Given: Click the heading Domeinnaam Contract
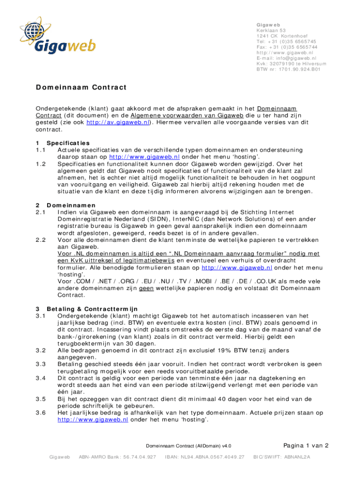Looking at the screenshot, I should point(81,87).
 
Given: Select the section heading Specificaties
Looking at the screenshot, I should point(68,143).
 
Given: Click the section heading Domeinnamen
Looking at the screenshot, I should point(71,205).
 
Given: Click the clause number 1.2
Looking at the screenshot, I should point(41,164).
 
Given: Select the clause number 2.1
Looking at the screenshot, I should point(41,212).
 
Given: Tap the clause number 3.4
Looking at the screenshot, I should point(41,378).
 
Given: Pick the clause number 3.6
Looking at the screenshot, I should point(41,413).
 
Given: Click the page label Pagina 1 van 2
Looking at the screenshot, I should point(306,445).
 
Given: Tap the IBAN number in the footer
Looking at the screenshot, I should point(205,457).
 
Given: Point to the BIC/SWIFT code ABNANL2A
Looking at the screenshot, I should point(282,457).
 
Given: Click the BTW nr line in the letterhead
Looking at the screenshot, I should point(288,69).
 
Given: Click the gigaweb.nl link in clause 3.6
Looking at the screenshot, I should point(93,420).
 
